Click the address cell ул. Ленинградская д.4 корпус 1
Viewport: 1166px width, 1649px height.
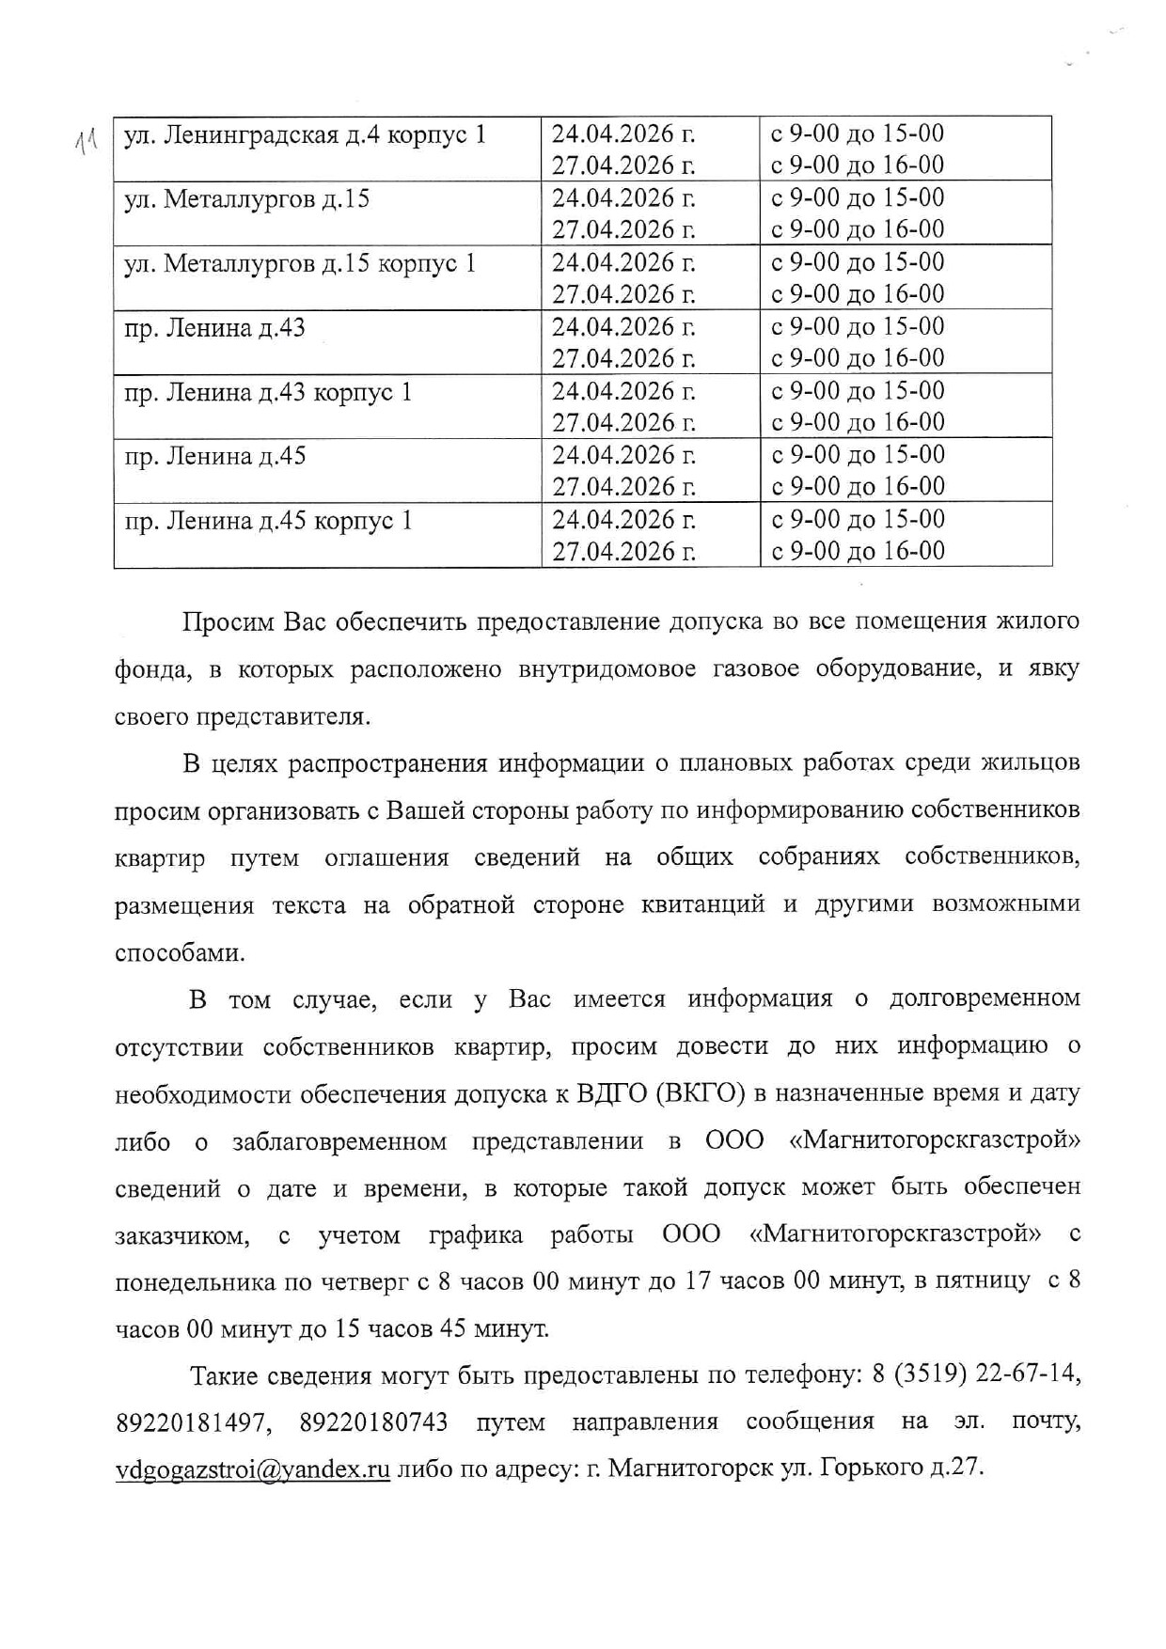305,135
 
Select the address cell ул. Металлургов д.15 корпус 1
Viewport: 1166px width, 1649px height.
300,264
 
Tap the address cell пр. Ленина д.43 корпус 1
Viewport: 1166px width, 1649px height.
268,392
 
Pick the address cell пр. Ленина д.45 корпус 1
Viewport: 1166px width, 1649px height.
268,521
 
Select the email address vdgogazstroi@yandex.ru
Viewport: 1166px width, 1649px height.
252,1468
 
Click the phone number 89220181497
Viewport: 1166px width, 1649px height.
187,1422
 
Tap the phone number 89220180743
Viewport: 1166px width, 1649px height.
373,1422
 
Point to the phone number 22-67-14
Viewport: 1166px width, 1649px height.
1028,1375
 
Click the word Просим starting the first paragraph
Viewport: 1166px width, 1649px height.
228,622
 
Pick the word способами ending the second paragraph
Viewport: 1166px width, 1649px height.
179,953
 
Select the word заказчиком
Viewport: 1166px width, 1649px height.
181,1235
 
